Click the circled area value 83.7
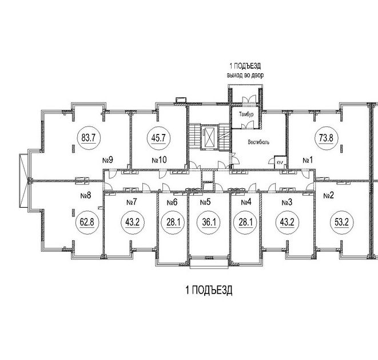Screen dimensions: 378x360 (88, 137)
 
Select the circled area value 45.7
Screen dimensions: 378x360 (158, 137)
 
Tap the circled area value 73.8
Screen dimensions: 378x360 (325, 137)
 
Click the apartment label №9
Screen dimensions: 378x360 (106, 160)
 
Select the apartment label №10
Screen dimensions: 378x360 (158, 160)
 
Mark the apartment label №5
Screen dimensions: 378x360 (206, 202)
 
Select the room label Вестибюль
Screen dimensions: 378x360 (258, 141)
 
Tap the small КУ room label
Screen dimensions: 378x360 (278, 162)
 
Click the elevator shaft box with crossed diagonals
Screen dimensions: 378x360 (210, 137)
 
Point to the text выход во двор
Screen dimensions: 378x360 (246, 75)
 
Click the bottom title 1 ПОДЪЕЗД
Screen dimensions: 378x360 (209, 291)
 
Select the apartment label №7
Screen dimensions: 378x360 (132, 202)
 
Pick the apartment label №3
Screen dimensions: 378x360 (287, 202)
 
